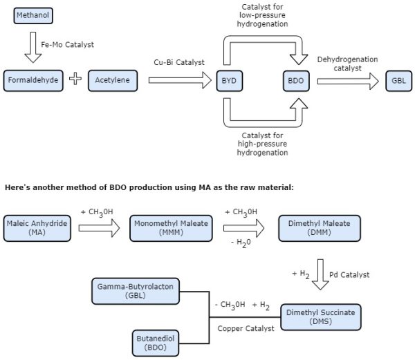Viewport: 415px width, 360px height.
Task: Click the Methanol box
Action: (x=32, y=14)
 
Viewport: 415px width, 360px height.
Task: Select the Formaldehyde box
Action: (x=33, y=80)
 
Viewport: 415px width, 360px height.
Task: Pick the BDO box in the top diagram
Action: (x=295, y=80)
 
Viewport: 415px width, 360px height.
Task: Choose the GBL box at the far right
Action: (x=398, y=80)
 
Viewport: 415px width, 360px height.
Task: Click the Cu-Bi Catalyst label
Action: (x=179, y=62)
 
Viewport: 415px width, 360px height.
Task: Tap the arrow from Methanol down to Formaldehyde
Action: (x=33, y=46)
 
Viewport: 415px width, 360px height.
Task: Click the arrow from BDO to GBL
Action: (x=348, y=81)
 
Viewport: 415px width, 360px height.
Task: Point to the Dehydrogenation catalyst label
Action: (x=347, y=63)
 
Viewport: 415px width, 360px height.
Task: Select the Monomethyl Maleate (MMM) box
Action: (x=172, y=228)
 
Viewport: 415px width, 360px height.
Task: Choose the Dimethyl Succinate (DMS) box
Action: (x=320, y=317)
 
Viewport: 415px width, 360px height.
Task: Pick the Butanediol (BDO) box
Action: (x=160, y=342)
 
